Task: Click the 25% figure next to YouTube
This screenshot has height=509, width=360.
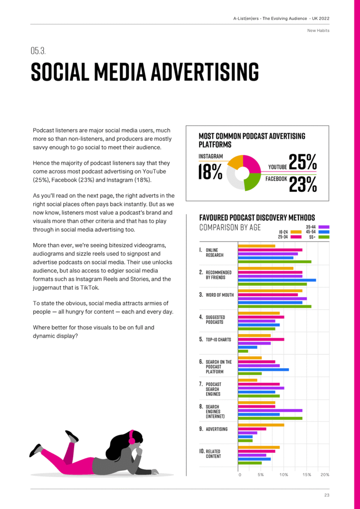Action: (x=302, y=162)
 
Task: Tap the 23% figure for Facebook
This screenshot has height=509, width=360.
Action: (x=302, y=184)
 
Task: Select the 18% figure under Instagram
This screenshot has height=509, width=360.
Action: (x=210, y=172)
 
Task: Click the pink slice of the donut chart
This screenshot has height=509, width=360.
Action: (x=251, y=164)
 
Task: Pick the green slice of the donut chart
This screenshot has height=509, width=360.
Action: (x=251, y=182)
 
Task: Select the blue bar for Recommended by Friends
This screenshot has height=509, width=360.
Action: (x=276, y=280)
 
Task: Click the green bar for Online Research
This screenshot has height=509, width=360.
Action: (x=274, y=261)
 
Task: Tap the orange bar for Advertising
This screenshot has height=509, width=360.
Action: (x=261, y=424)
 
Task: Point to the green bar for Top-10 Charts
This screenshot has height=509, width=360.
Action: (x=243, y=351)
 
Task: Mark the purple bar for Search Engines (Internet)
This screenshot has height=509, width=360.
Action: (x=270, y=411)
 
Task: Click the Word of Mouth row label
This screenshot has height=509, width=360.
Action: (x=219, y=295)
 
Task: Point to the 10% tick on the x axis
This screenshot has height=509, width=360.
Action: (x=283, y=475)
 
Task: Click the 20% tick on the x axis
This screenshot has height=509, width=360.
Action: (x=325, y=475)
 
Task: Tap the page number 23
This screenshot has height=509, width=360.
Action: (x=326, y=495)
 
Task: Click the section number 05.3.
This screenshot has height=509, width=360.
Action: (x=38, y=51)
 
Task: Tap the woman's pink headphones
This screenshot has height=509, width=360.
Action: (x=132, y=437)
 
